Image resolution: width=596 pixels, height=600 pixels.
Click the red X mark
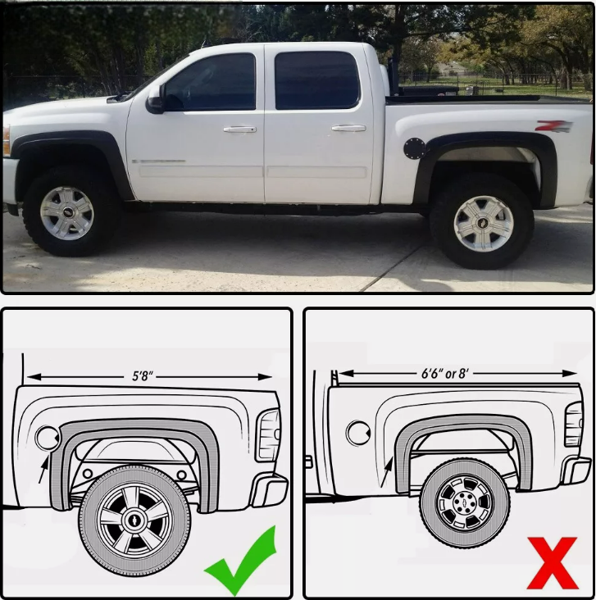click(x=553, y=563)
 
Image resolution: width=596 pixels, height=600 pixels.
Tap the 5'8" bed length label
click(x=143, y=376)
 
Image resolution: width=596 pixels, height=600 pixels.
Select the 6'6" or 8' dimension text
click(x=445, y=373)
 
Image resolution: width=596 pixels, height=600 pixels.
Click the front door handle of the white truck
click(x=239, y=130)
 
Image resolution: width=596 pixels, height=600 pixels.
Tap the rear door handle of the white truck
click(x=348, y=128)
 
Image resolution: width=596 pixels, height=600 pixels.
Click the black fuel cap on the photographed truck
click(x=414, y=148)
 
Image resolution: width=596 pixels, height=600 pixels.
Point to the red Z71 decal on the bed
click(x=553, y=126)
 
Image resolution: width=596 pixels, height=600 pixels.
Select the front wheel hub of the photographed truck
click(x=67, y=213)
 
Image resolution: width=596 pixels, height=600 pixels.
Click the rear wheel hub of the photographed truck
click(x=484, y=224)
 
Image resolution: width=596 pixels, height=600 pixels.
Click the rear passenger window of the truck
click(x=316, y=81)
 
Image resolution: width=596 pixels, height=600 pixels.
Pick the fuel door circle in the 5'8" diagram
click(x=47, y=438)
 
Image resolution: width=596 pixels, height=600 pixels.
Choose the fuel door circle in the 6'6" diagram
click(x=358, y=433)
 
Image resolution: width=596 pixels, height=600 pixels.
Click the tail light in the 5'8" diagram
click(x=269, y=435)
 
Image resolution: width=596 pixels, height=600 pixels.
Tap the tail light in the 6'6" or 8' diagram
click(x=574, y=425)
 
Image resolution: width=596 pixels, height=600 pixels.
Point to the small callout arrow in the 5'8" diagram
click(x=43, y=470)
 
